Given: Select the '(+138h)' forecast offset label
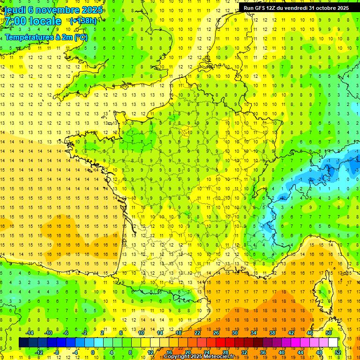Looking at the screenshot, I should (x=83, y=21).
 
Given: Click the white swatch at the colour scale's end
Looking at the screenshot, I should (x=333, y=343).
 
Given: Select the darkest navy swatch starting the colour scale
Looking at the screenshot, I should (x=23, y=343).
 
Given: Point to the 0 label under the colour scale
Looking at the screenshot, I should (x=92, y=352).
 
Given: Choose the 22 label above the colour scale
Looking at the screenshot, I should (x=197, y=333).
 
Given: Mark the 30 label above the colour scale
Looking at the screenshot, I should (x=235, y=333).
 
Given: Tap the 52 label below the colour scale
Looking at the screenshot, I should (x=338, y=352).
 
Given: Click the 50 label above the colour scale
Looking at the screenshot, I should (x=328, y=333).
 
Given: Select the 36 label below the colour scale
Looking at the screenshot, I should (x=263, y=352).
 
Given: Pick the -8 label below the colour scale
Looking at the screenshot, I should (x=56, y=352).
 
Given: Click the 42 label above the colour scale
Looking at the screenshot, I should (x=291, y=333).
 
